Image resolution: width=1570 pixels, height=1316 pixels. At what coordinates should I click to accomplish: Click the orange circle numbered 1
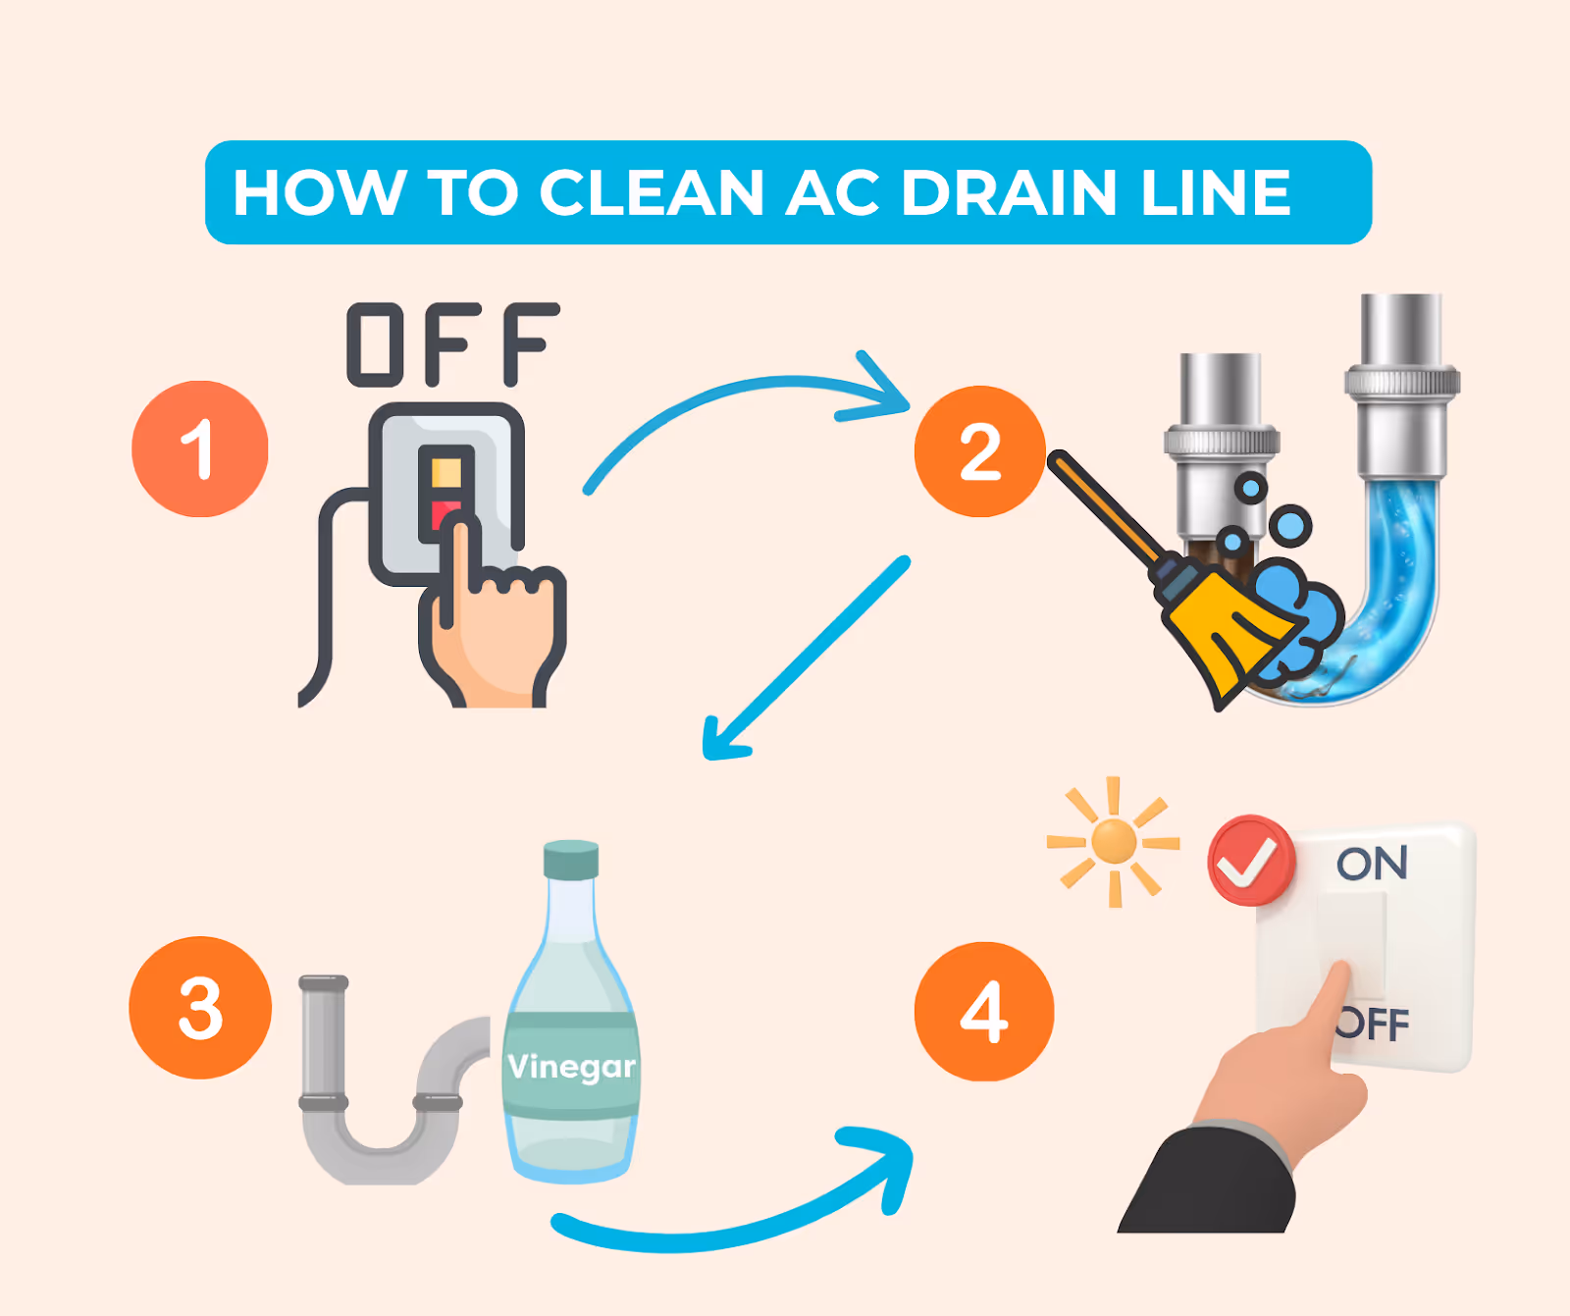pos(200,449)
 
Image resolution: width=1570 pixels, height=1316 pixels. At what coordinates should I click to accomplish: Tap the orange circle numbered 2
pos(979,451)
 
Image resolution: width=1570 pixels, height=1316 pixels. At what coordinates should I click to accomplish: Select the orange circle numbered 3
pos(200,1008)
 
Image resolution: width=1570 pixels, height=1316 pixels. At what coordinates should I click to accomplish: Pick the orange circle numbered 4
pos(983,1012)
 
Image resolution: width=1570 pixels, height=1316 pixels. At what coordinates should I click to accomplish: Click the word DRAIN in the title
pos(1009,192)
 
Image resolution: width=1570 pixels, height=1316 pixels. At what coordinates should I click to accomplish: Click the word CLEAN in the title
pos(652,192)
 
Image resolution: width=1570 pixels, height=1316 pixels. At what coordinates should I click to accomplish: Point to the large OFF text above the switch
pos(453,344)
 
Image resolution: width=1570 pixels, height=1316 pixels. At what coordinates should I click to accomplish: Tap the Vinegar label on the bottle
pos(571,1066)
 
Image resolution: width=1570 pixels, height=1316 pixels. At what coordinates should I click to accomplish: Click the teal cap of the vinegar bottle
pos(571,860)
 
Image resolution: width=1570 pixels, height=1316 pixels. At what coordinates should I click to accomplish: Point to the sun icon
pos(1114,842)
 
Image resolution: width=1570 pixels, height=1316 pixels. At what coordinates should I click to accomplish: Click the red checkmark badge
pos(1250,861)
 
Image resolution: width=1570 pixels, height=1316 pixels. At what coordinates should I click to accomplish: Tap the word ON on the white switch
pos(1372,864)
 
